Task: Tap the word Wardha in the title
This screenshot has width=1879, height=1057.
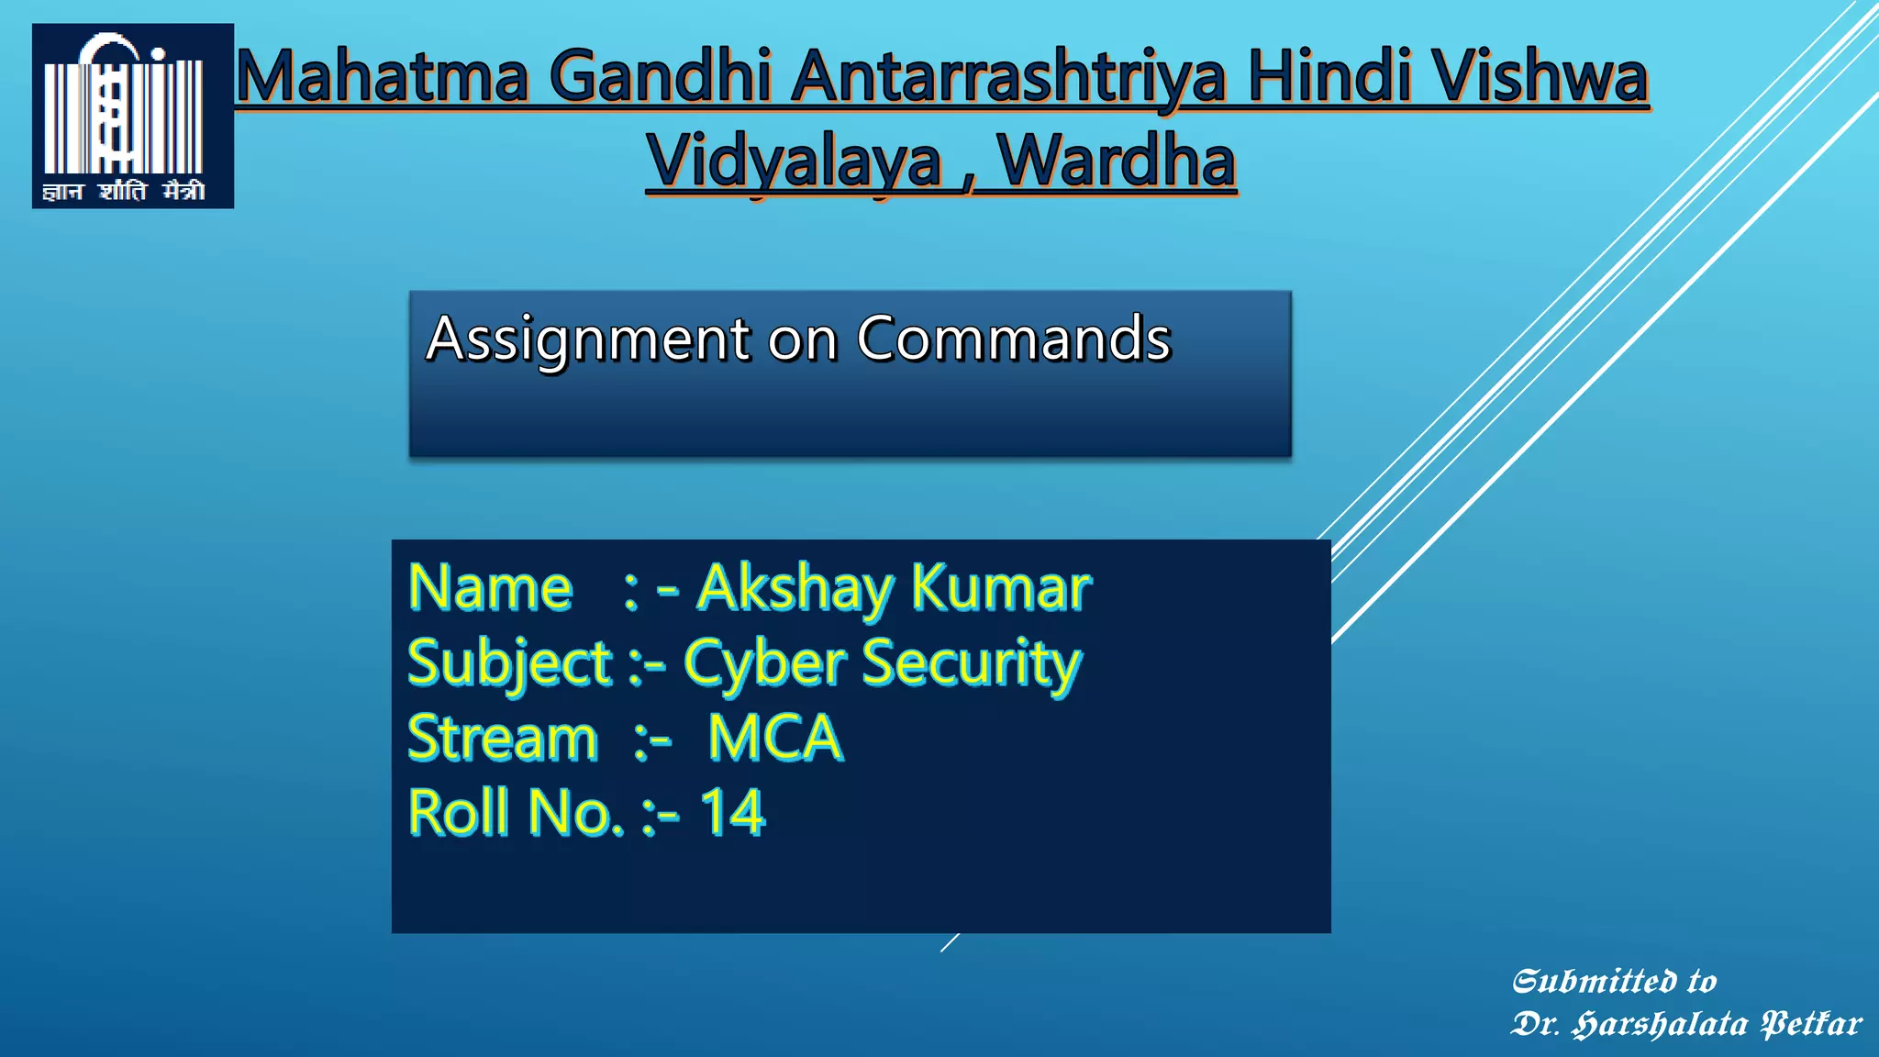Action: point(1117,161)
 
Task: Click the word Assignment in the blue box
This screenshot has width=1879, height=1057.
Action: point(588,339)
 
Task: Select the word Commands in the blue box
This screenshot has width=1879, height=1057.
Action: point(1014,339)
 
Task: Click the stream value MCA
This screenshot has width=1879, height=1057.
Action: point(775,738)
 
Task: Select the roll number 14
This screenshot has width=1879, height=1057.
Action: point(731,813)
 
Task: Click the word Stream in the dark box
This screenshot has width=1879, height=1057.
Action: point(502,739)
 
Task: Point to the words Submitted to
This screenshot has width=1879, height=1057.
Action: point(1614,982)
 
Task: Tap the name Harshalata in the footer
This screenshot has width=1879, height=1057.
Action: point(1660,1024)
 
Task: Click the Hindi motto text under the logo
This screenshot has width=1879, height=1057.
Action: point(124,191)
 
